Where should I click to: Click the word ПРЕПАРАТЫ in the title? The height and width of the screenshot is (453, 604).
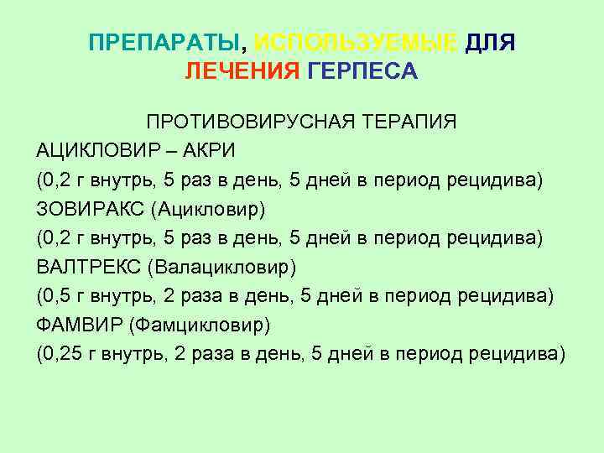(x=168, y=43)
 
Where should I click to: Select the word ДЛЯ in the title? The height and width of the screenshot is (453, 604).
(x=490, y=43)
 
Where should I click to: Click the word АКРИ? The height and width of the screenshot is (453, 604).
(x=210, y=151)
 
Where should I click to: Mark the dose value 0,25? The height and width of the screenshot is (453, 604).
(x=60, y=353)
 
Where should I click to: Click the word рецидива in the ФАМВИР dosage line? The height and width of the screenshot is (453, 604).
(x=522, y=353)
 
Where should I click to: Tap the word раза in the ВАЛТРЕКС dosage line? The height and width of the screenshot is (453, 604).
(x=191, y=295)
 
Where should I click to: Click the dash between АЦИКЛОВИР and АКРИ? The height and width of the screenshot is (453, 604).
(x=171, y=151)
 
